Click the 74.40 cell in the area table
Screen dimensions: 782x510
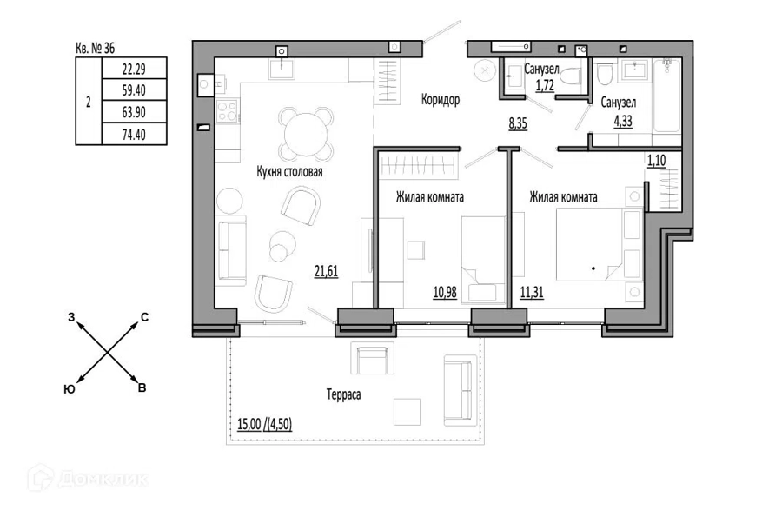134,134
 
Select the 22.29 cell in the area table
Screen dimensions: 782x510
134,69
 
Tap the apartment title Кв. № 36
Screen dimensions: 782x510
96,48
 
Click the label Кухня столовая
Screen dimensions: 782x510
289,172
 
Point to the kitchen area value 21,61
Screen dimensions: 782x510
326,271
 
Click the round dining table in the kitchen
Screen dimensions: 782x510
306,134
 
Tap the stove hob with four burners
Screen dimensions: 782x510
228,110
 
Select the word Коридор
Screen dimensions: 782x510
441,100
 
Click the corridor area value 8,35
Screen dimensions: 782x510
518,123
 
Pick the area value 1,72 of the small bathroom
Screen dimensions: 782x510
545,86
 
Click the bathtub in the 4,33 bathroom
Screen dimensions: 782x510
666,96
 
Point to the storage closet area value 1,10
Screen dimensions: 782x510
656,161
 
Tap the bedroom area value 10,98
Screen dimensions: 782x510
445,292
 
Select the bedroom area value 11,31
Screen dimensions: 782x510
532,292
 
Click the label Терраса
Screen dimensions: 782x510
343,394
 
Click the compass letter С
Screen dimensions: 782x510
144,317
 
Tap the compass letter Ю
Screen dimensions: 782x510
70,389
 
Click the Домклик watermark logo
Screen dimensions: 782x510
88,479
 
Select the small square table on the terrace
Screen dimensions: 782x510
407,412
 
